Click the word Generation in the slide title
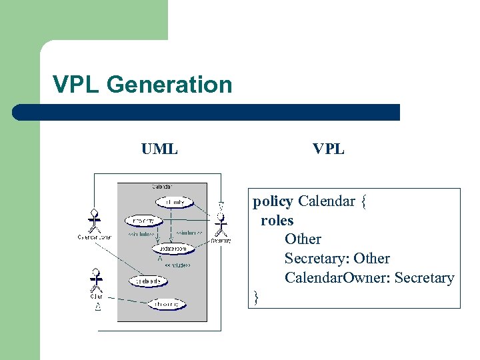coord(169,85)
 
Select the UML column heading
coord(159,149)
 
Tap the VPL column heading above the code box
coord(329,149)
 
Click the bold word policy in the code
coord(273,201)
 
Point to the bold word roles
coord(277,220)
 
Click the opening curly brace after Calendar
coord(363,201)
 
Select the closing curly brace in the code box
coord(256,297)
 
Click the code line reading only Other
coord(303,239)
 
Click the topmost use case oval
coord(174,201)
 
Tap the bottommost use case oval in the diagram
coord(167,305)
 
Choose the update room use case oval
coord(173,249)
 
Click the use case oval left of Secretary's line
coord(143,220)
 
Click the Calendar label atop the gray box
coord(162,187)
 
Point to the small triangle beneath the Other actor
coord(97,307)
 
